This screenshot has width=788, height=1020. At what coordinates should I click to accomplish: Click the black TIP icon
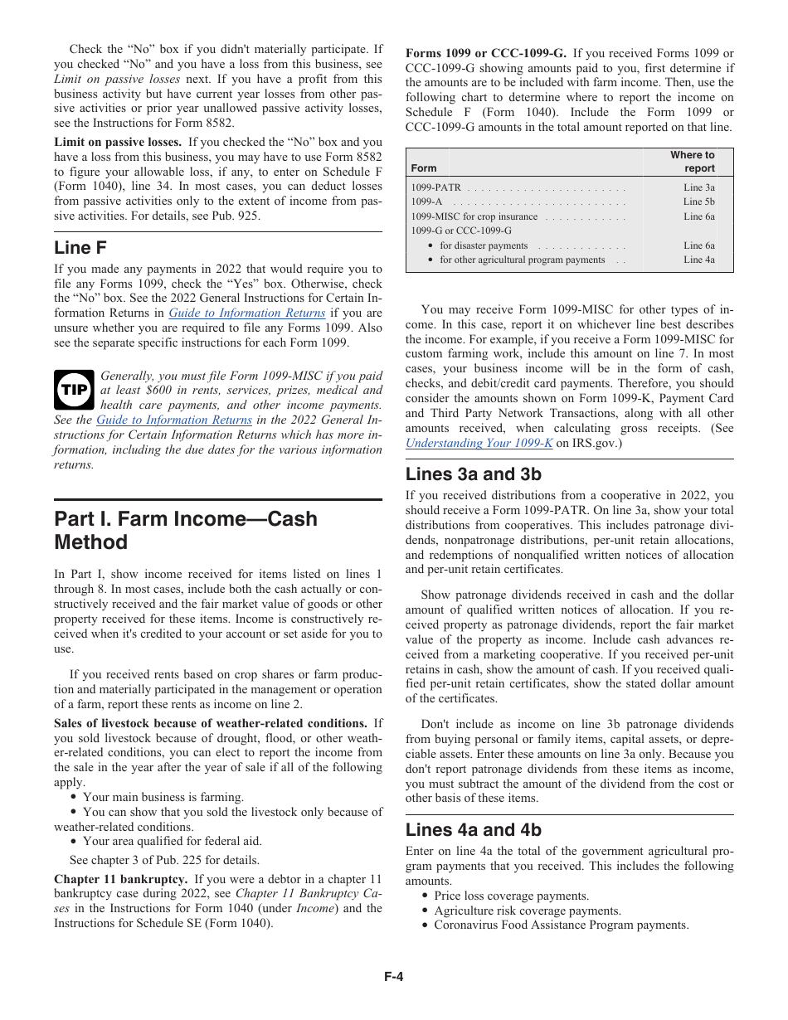tap(76, 390)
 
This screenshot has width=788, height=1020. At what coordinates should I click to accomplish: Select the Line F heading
tap(80, 247)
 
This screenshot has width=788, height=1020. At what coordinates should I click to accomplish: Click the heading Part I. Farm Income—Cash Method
tap(186, 531)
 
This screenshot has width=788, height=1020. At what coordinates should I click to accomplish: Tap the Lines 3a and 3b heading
tap(473, 474)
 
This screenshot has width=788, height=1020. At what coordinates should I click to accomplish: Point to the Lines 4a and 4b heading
tap(473, 830)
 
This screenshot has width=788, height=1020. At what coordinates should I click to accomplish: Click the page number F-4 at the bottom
tap(393, 976)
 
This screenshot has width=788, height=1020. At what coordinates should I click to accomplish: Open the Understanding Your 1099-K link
tap(479, 443)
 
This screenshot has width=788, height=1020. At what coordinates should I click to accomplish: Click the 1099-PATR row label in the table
tap(436, 188)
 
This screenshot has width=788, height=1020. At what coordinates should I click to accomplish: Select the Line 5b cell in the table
tap(698, 202)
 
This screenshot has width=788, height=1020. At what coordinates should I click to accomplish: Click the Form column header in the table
tap(424, 168)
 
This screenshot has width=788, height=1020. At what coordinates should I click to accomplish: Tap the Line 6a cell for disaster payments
tap(698, 245)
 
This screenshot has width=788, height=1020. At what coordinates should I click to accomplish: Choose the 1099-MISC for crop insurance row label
tap(474, 216)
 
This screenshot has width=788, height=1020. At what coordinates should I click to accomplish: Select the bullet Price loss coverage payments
tap(511, 896)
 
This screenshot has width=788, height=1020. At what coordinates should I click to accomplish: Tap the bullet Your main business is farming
tap(163, 797)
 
